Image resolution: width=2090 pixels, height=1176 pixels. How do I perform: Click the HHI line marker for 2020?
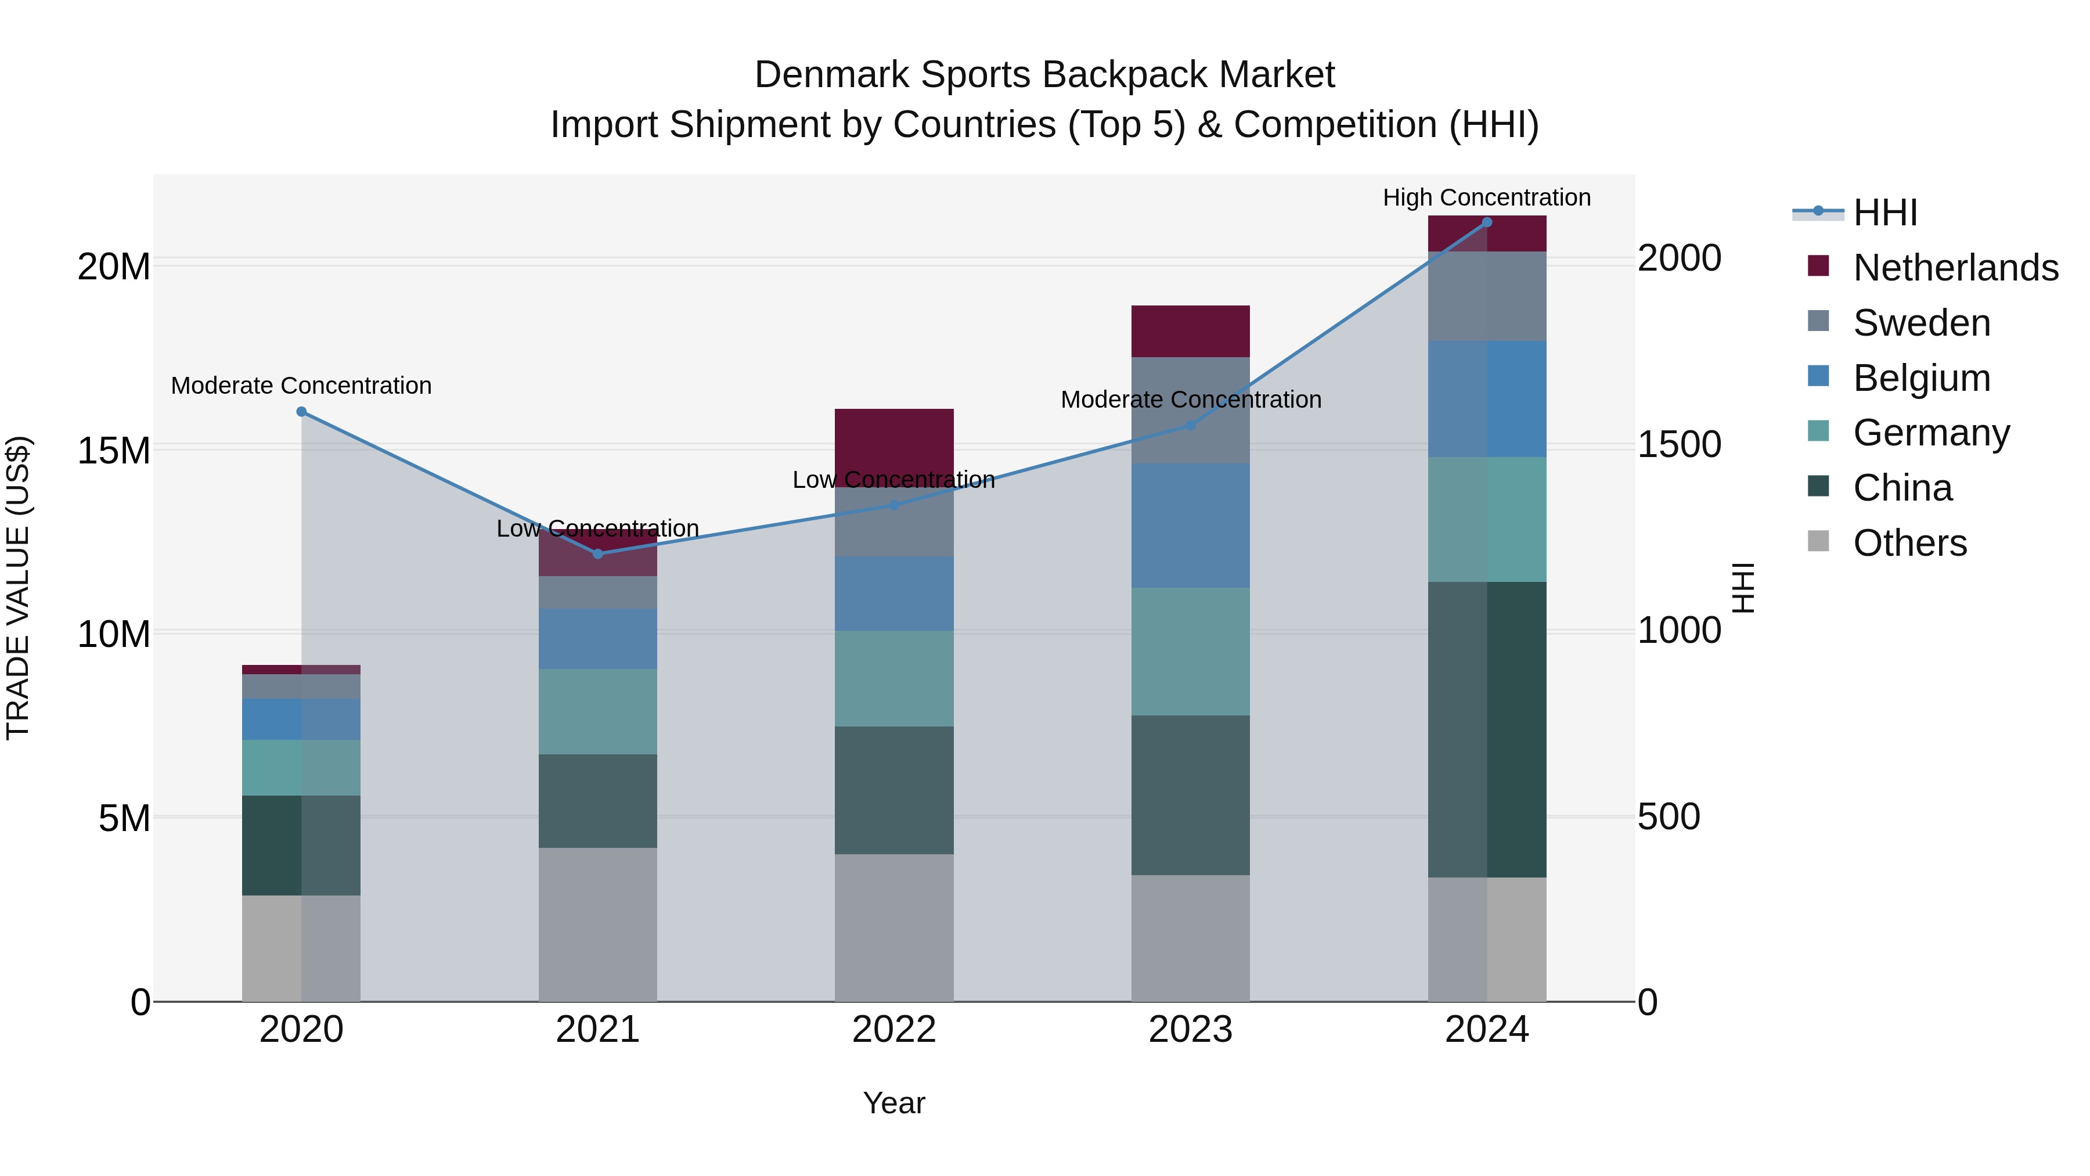coord(301,412)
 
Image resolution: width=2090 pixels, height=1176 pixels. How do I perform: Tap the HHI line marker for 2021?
coord(598,553)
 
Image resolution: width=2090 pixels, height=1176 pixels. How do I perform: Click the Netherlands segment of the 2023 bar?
coord(1190,331)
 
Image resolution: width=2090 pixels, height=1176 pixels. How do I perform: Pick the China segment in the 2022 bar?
coord(894,790)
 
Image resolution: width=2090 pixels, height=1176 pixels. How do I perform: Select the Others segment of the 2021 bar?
coord(598,925)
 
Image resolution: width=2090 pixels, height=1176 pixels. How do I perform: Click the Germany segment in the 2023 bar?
coord(1190,651)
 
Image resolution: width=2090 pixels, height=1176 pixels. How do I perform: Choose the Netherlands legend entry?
coord(1955,268)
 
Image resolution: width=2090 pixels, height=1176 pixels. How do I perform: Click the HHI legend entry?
coord(1884,213)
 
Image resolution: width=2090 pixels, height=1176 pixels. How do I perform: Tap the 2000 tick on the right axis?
coord(1678,258)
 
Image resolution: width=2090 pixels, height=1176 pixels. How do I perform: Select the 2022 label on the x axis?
coord(894,1030)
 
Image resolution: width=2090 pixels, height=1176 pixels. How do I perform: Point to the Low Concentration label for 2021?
coord(598,528)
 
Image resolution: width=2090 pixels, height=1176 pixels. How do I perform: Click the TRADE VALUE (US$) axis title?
coord(18,588)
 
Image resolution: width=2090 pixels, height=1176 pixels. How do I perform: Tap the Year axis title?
coord(894,1103)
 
